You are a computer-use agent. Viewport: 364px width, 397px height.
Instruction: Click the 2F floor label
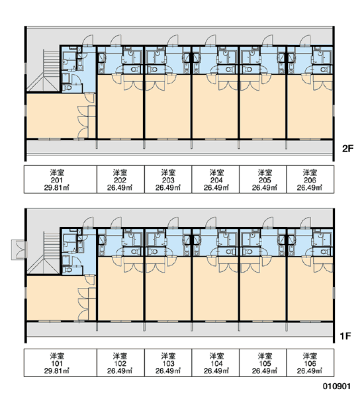point(347,149)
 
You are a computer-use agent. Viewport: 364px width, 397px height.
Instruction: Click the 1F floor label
point(345,336)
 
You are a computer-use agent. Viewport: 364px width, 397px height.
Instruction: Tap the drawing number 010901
point(337,386)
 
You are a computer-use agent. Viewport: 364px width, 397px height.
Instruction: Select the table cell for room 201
point(60,179)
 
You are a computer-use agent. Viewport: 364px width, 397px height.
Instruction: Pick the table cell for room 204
point(215,179)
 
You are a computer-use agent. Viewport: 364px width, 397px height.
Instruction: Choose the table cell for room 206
point(310,179)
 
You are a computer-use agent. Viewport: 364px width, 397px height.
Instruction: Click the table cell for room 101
point(60,363)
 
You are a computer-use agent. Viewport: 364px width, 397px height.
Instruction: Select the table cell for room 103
point(168,363)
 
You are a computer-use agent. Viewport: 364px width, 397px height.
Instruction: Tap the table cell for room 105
point(263,363)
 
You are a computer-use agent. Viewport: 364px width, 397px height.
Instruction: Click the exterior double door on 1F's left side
point(19,249)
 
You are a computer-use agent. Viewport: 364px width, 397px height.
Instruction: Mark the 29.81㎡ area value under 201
point(57,188)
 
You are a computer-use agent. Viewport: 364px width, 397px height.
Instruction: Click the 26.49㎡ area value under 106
point(310,371)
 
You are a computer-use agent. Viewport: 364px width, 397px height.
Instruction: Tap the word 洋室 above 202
point(120,173)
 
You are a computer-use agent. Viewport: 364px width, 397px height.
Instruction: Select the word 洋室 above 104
point(216,356)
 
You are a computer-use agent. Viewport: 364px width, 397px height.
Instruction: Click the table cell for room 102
point(120,363)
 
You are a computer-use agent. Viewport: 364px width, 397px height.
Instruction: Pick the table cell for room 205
point(263,179)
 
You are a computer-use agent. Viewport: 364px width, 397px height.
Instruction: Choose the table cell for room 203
point(168,179)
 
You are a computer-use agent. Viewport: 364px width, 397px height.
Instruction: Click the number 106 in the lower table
point(310,363)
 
